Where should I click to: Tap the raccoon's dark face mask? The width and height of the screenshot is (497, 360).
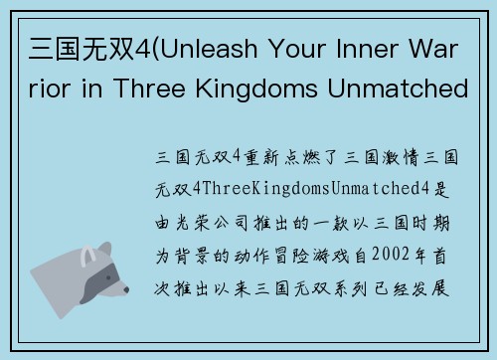[94, 271]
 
